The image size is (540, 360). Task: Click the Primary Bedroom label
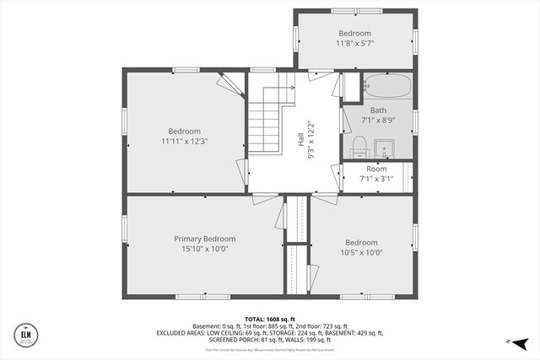pos(204,239)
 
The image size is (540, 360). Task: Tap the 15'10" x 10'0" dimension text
pos(204,250)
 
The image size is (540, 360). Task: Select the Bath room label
pos(378,110)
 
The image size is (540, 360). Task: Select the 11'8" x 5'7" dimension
pos(354,43)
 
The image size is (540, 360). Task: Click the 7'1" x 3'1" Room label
pos(376,169)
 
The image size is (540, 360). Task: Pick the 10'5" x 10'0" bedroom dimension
pos(361,252)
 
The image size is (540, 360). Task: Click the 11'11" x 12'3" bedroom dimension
pos(184,142)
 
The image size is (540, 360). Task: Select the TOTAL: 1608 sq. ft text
pos(269,320)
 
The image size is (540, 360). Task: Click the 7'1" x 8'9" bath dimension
pos(378,121)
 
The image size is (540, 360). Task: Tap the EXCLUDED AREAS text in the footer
pos(182,333)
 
